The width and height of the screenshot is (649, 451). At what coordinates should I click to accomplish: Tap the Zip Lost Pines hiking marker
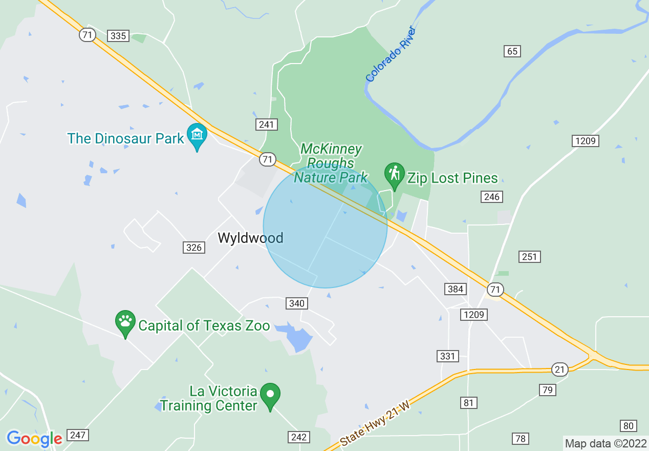(x=394, y=175)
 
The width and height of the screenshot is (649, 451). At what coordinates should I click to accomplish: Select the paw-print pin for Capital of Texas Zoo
(x=125, y=323)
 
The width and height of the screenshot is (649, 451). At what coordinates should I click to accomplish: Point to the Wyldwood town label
(x=250, y=238)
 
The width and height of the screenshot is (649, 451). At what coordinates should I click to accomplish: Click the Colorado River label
(x=392, y=54)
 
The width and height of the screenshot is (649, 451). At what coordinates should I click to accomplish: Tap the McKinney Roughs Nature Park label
(x=331, y=163)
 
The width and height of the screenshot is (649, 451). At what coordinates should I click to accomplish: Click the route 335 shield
(x=118, y=35)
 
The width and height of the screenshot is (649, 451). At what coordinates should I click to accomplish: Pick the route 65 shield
(x=512, y=51)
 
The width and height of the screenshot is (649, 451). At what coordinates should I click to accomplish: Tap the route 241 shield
(x=267, y=124)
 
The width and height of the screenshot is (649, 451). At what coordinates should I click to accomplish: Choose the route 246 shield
(x=491, y=196)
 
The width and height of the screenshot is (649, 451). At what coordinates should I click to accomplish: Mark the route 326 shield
(x=194, y=248)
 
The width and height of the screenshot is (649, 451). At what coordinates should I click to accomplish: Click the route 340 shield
(x=296, y=303)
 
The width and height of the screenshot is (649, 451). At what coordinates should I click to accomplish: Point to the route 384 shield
(x=455, y=289)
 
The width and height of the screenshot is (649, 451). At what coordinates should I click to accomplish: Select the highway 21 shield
(x=560, y=369)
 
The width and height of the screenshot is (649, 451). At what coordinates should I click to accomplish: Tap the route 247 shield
(x=78, y=435)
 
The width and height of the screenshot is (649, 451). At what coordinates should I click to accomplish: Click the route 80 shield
(x=629, y=426)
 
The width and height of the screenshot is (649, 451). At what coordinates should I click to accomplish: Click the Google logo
(x=34, y=439)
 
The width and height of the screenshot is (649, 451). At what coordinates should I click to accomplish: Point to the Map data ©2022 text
(x=605, y=443)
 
